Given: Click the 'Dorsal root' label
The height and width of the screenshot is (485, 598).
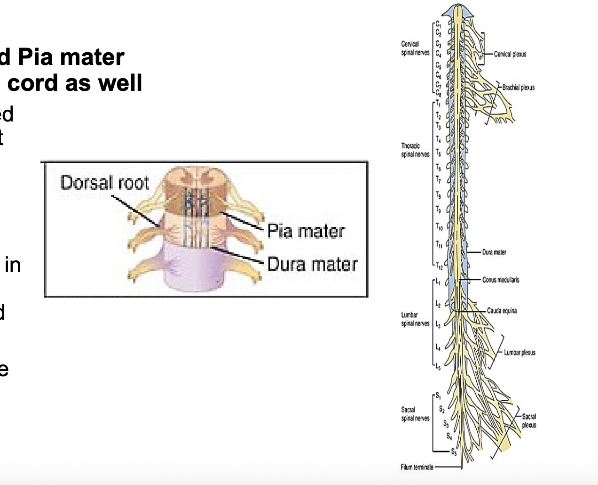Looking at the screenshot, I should (x=104, y=182).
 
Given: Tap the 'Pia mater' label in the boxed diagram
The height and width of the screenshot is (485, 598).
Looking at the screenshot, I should (x=306, y=231).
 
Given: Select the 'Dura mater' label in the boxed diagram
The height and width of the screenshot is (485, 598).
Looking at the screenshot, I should (x=313, y=264).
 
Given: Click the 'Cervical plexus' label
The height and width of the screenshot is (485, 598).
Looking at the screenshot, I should (x=510, y=54).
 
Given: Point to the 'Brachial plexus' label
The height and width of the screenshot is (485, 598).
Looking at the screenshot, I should (x=518, y=88).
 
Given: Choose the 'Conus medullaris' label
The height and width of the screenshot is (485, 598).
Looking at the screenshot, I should (x=501, y=280).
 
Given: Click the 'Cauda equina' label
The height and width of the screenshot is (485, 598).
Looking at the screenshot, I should (x=502, y=311).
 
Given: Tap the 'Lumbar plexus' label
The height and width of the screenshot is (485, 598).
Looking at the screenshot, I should (x=519, y=353).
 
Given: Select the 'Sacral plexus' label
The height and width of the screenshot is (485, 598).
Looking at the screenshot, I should (x=529, y=420).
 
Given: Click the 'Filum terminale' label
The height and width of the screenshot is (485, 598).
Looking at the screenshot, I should (x=417, y=467).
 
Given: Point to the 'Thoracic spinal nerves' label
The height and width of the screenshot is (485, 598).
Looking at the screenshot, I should (x=415, y=150).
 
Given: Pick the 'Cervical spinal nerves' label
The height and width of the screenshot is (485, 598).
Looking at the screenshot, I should (x=415, y=48).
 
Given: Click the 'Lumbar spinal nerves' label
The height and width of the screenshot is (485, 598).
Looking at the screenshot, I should (x=415, y=319).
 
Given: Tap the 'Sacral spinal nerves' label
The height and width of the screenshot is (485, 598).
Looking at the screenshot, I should (x=415, y=414).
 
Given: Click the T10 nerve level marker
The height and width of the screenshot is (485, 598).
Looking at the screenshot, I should (x=439, y=227).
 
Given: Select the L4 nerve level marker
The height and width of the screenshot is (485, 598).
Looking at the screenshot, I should (x=438, y=348).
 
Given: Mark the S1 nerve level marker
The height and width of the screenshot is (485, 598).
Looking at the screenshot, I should (x=438, y=395).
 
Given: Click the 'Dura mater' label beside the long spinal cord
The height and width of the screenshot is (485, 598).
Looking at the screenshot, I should (x=494, y=252).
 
